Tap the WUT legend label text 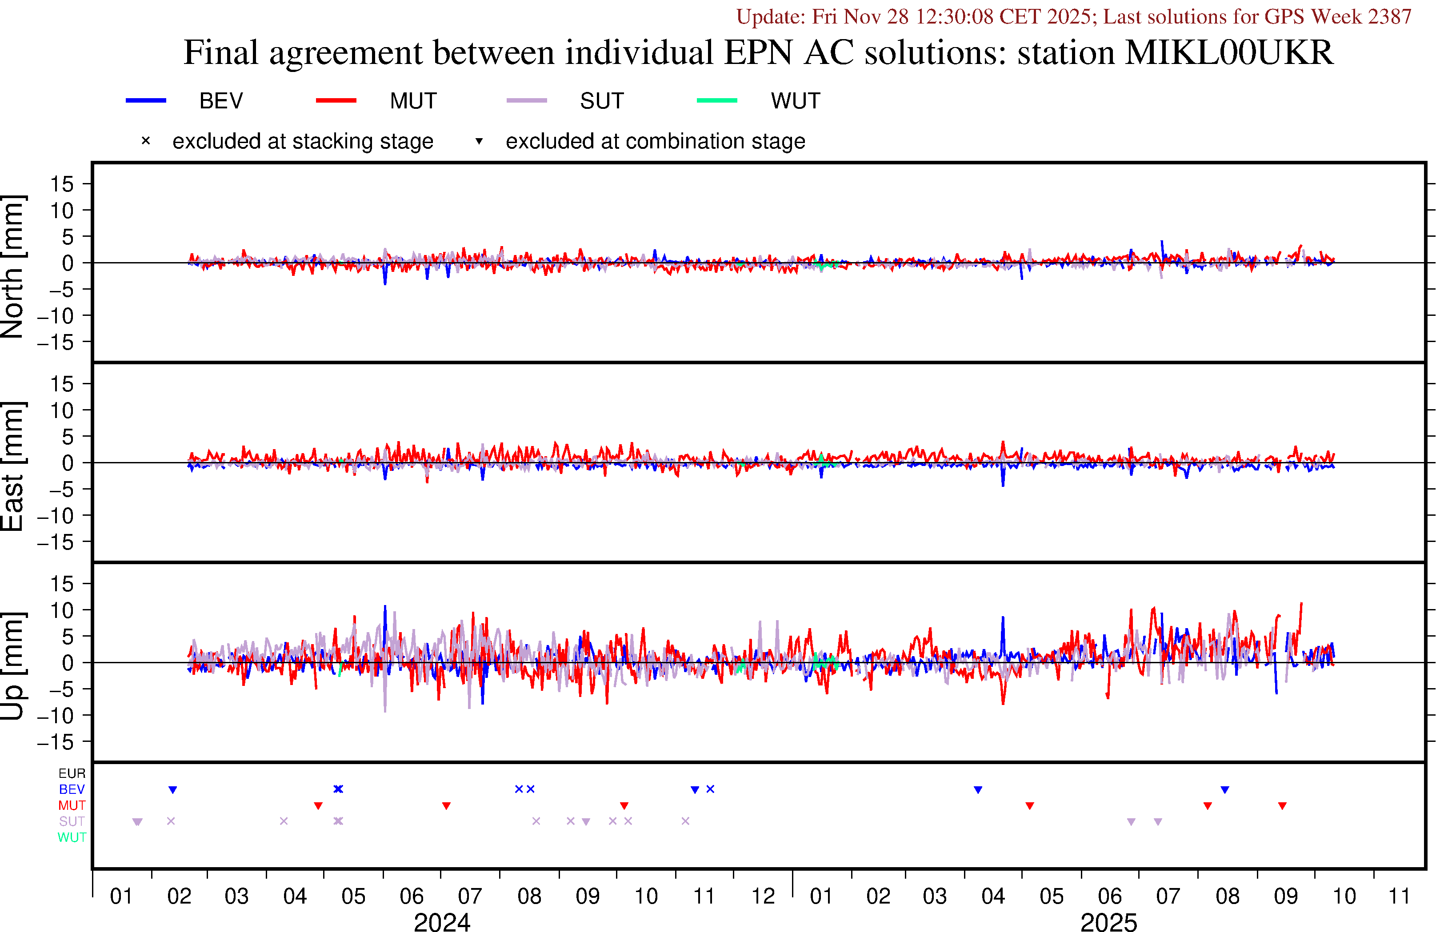[795, 101]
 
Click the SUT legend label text [601, 101]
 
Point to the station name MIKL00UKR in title [1229, 52]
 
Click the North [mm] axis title [12, 266]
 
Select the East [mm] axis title [12, 466]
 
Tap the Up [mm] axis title [12, 665]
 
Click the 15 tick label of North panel [61, 184]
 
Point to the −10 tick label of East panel [56, 516]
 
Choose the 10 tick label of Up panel [61, 610]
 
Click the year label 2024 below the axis [442, 922]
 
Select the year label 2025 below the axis [1108, 922]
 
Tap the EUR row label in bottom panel [72, 773]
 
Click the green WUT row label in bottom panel [72, 837]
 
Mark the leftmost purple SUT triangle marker [138, 821]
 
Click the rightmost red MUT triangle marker [1283, 806]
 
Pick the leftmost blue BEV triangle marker [172, 790]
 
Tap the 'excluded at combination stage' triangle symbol [479, 141]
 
